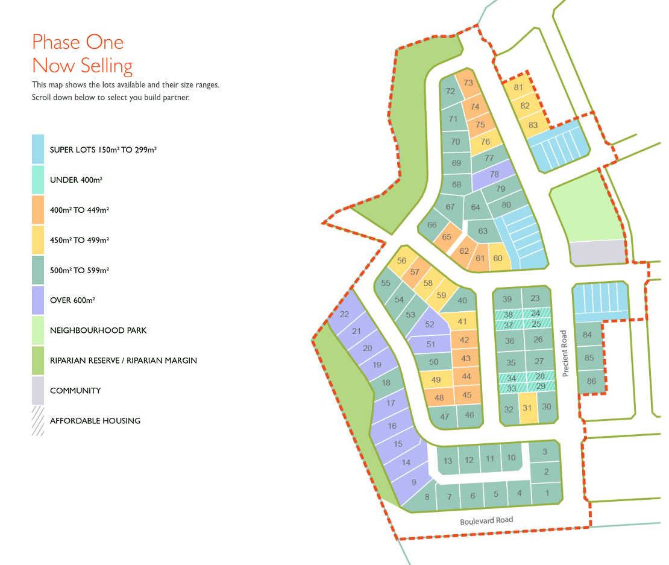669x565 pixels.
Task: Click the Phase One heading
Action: [x=78, y=42]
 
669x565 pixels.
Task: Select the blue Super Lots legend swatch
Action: [x=38, y=149]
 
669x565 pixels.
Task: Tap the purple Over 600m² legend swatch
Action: [x=38, y=300]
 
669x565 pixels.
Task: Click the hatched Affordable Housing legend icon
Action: [x=38, y=420]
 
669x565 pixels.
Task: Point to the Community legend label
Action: [x=75, y=391]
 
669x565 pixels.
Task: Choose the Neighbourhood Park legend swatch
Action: [x=38, y=330]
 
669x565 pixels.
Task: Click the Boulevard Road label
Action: [x=486, y=520]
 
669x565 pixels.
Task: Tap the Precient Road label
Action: [x=565, y=353]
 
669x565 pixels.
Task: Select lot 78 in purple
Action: [x=494, y=175]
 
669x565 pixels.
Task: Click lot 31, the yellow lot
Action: [x=528, y=408]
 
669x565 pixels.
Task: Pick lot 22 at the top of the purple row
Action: [x=345, y=314]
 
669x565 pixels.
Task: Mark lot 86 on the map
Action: [x=591, y=381]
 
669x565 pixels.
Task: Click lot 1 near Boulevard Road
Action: [x=547, y=493]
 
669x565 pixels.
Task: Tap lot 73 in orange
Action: [x=468, y=83]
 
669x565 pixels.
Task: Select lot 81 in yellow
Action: [x=518, y=87]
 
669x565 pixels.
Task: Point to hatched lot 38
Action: [x=508, y=315]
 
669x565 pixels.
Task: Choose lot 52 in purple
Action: [x=429, y=324]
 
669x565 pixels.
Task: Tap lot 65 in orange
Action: [x=447, y=237]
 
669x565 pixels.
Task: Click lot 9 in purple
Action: [x=413, y=482]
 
